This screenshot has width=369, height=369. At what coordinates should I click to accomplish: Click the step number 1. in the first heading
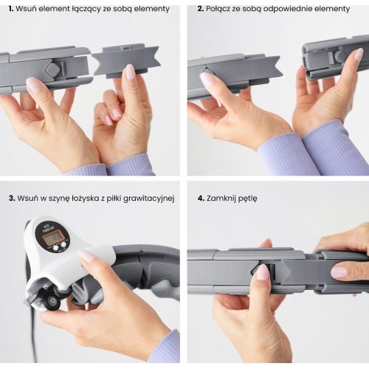coord(11,9)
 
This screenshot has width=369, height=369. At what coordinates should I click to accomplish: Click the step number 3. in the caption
coord(12,199)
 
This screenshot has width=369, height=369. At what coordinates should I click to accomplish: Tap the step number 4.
coord(201,199)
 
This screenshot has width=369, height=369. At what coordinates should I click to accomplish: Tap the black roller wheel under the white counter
coord(50,300)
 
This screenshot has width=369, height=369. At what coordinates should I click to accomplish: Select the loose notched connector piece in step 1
coord(126,61)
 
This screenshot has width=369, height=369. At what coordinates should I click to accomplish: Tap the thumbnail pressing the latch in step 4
coord(262,272)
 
